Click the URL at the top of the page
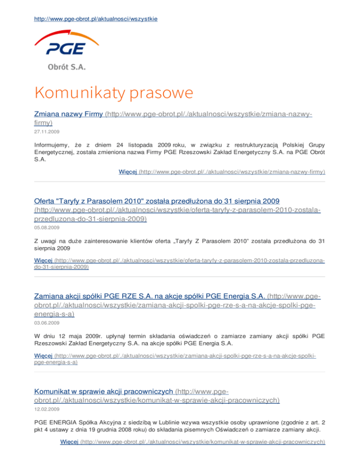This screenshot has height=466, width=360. pyautogui.click(x=96, y=19)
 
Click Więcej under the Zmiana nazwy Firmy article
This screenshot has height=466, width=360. pyautogui.click(x=128, y=172)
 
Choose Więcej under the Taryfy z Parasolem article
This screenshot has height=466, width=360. pyautogui.click(x=44, y=259)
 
